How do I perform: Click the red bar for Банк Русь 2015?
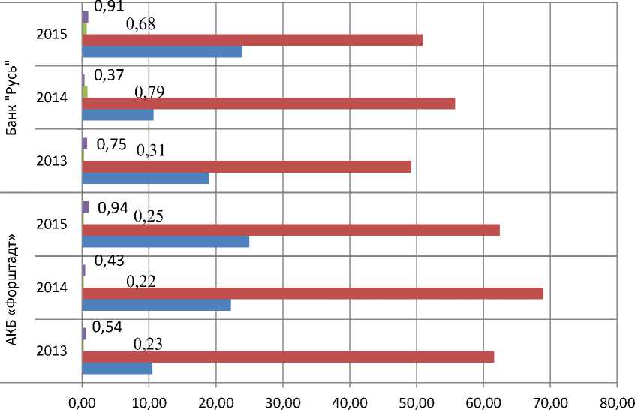[x=252, y=40]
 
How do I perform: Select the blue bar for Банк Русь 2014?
[x=118, y=115]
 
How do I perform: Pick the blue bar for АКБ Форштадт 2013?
[x=117, y=368]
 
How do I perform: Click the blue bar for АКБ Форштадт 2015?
[x=165, y=242]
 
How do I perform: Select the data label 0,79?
[x=149, y=92]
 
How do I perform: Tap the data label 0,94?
[x=113, y=208]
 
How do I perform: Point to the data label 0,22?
[x=140, y=281]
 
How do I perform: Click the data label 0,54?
[x=107, y=327]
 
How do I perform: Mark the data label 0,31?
[x=151, y=150]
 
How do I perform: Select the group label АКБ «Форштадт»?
[x=14, y=289]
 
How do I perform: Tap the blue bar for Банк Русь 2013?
[x=145, y=179]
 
